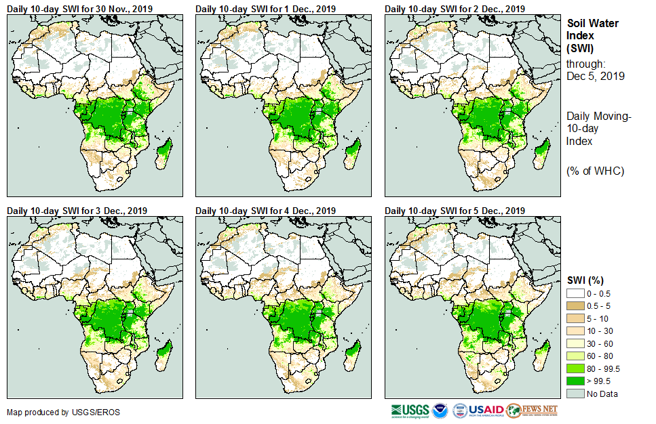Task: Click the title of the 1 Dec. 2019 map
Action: coord(265,9)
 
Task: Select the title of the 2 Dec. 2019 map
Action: coord(455,9)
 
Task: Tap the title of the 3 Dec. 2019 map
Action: coord(77,211)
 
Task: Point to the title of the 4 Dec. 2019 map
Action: coord(265,211)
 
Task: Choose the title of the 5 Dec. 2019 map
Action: coord(455,211)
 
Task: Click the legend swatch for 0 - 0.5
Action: coord(575,293)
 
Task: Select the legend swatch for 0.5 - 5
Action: coord(575,307)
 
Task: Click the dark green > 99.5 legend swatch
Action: coord(575,380)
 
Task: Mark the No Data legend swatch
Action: coord(575,394)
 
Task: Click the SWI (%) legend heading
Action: coord(585,280)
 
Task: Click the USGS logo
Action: coord(409,410)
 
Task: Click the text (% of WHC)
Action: coord(595,171)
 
